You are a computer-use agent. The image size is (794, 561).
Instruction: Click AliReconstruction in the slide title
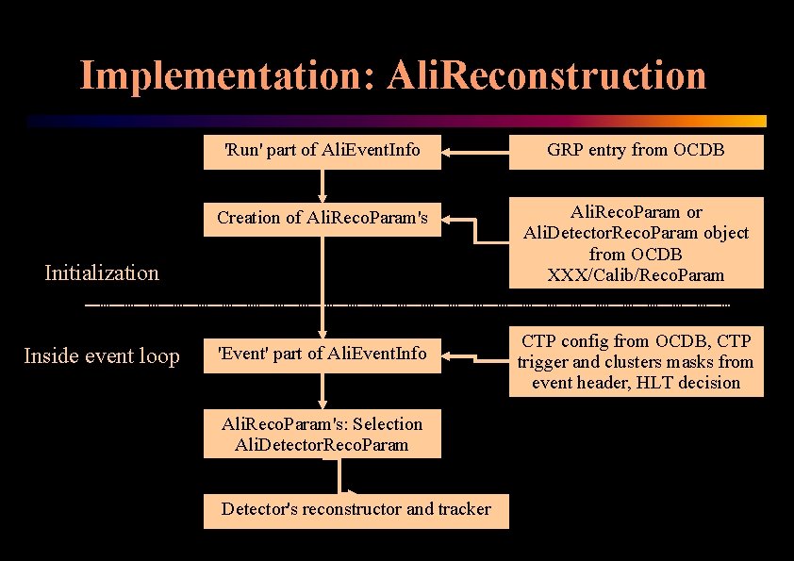click(x=546, y=75)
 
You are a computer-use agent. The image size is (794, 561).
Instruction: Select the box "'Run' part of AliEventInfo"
click(x=322, y=150)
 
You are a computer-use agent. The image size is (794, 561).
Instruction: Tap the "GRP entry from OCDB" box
click(x=636, y=150)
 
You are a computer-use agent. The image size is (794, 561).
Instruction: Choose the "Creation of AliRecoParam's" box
click(x=322, y=218)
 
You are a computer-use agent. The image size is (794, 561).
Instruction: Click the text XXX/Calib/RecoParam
click(x=636, y=274)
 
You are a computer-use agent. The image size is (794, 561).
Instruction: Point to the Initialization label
click(x=102, y=273)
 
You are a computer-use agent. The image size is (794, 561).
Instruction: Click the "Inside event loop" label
click(x=101, y=356)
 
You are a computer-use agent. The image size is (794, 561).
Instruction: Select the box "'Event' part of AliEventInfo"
click(x=322, y=354)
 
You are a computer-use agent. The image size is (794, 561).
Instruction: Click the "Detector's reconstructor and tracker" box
click(x=356, y=509)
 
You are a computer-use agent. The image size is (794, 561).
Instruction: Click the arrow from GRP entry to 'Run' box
click(x=476, y=151)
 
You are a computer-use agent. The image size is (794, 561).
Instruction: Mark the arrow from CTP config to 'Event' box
click(x=476, y=356)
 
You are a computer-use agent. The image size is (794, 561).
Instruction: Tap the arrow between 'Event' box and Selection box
click(x=323, y=391)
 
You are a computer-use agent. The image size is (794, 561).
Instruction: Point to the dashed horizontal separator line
click(x=405, y=306)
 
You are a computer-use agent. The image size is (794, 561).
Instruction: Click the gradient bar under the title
click(x=396, y=122)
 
